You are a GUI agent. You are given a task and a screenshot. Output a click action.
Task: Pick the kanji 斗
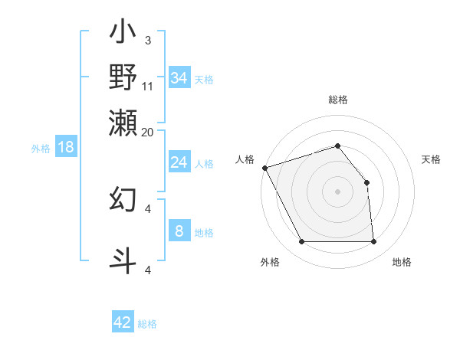point(123,260)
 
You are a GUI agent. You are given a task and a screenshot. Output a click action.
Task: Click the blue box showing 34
point(179,78)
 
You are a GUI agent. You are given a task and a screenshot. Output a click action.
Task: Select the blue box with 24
point(179,162)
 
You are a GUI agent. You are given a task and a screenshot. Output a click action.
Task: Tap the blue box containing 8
point(179,231)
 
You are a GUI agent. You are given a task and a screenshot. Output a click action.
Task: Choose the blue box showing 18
point(66,147)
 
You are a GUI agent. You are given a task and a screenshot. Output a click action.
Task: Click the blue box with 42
point(122,322)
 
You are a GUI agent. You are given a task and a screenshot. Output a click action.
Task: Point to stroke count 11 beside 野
point(148,87)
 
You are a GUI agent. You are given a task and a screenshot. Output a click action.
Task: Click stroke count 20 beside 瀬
point(148,132)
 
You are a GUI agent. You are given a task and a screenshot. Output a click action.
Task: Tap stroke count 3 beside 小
point(148,40)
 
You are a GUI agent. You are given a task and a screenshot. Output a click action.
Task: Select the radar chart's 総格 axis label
point(338,100)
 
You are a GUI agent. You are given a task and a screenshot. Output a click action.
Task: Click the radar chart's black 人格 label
point(245,159)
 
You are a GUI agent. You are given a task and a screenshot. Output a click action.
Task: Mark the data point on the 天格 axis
point(366,182)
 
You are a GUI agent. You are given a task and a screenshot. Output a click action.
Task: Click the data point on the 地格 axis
point(374,242)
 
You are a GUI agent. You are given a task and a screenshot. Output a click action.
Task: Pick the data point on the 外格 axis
point(301,242)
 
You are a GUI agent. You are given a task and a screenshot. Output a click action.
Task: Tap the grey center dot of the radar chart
point(337,191)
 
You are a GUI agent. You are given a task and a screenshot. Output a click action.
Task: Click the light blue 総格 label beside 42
point(147,324)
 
